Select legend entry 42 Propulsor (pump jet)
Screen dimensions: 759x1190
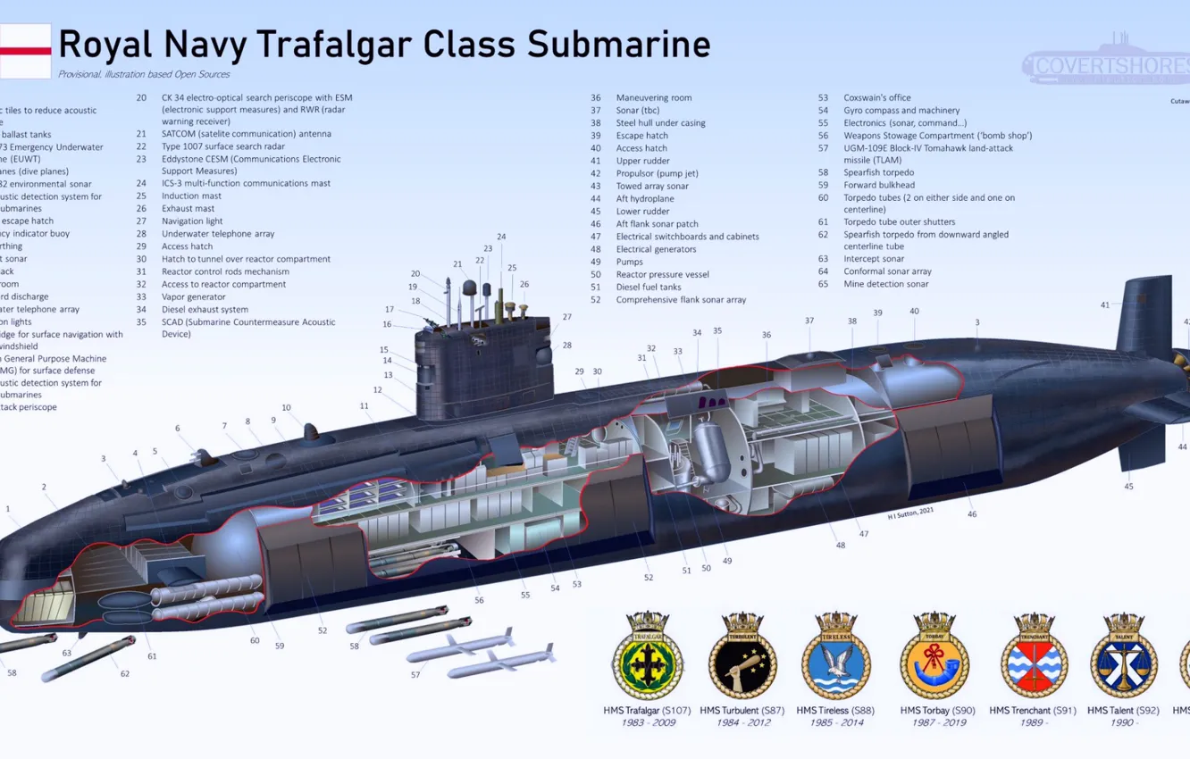coord(656,173)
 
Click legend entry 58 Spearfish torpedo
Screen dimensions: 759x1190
coord(877,172)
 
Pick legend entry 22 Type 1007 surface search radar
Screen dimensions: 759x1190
coord(222,146)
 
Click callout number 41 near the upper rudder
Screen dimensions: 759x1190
coord(1105,305)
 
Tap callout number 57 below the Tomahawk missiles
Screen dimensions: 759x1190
coord(415,675)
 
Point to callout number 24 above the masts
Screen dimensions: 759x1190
coord(501,238)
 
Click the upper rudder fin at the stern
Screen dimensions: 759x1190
coord(1143,318)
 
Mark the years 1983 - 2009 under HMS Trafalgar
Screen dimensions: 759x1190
coord(647,722)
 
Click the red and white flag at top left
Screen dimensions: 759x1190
coord(25,51)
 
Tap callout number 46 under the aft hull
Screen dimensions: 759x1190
coord(972,514)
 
